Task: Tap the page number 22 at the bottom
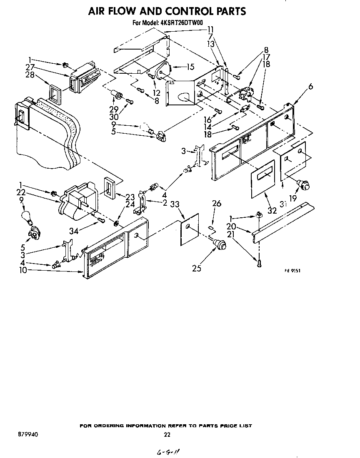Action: (x=167, y=435)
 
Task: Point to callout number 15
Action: (x=190, y=66)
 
